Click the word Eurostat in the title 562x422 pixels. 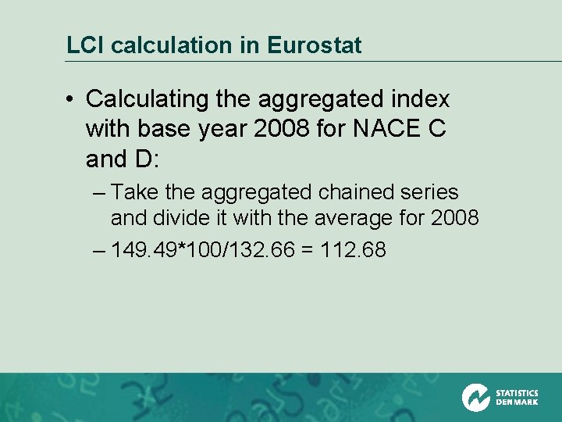click(314, 45)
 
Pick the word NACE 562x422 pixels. click(380, 129)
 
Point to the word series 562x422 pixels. click(430, 192)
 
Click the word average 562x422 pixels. click(361, 217)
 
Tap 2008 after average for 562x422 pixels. click(454, 217)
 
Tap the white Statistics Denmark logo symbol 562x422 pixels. click(475, 397)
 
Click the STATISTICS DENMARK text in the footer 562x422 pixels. click(517, 398)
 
